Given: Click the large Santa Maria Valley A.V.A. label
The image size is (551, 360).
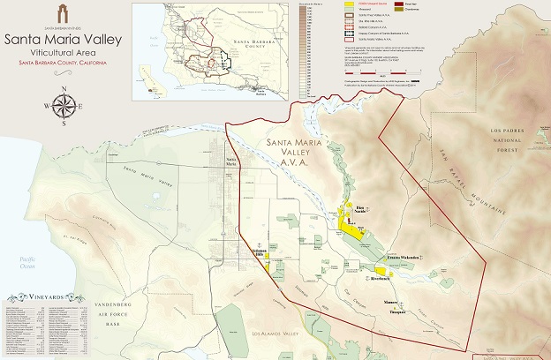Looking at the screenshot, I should [x=300, y=152].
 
